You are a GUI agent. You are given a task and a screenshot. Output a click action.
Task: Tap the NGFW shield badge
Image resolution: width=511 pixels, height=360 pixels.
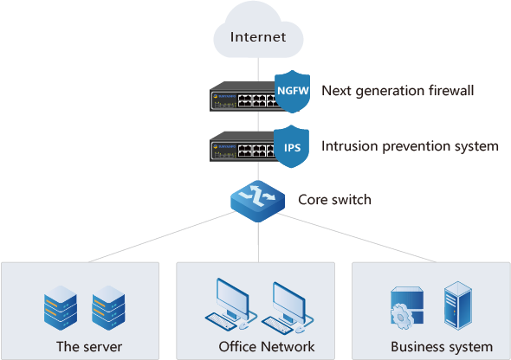[x=293, y=92]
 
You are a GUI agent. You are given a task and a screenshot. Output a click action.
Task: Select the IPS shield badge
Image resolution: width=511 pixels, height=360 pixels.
[x=291, y=146]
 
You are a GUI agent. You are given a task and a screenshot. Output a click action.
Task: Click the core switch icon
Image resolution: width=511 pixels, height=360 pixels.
[x=257, y=201]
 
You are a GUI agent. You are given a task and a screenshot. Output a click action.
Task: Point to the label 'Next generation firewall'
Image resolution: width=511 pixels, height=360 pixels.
[x=398, y=91]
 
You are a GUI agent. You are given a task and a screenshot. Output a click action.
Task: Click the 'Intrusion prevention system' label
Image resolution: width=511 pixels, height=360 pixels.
[x=410, y=146]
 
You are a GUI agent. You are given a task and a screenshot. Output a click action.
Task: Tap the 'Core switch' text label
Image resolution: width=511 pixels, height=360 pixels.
[x=334, y=200]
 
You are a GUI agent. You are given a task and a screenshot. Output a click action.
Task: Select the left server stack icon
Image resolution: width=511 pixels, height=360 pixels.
[x=61, y=308]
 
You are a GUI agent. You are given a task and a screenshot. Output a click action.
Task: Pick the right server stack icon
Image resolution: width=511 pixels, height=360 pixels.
[x=108, y=308]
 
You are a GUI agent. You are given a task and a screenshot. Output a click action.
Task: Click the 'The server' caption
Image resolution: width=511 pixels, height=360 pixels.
[x=89, y=347]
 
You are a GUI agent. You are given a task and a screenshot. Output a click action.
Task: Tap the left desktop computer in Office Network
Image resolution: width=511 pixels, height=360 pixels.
[x=231, y=305]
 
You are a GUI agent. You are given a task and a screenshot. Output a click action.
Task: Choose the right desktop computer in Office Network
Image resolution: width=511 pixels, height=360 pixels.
[x=288, y=307]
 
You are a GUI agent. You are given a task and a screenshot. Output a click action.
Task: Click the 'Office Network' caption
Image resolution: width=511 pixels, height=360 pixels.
[x=267, y=347]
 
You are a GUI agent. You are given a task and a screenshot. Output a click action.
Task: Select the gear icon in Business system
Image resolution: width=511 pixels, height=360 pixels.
[x=402, y=317]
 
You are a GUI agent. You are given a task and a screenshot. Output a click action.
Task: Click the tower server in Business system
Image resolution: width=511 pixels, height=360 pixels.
[x=458, y=305]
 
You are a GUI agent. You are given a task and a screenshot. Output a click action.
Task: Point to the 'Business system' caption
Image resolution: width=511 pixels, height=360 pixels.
[x=442, y=347]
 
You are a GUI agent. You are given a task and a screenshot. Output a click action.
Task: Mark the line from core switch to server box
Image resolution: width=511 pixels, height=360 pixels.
[x=162, y=237]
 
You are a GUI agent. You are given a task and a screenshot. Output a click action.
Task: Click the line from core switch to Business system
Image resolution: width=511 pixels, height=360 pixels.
[x=357, y=238]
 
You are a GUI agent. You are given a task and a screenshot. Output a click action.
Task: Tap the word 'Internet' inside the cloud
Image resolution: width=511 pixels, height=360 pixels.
[x=258, y=37]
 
